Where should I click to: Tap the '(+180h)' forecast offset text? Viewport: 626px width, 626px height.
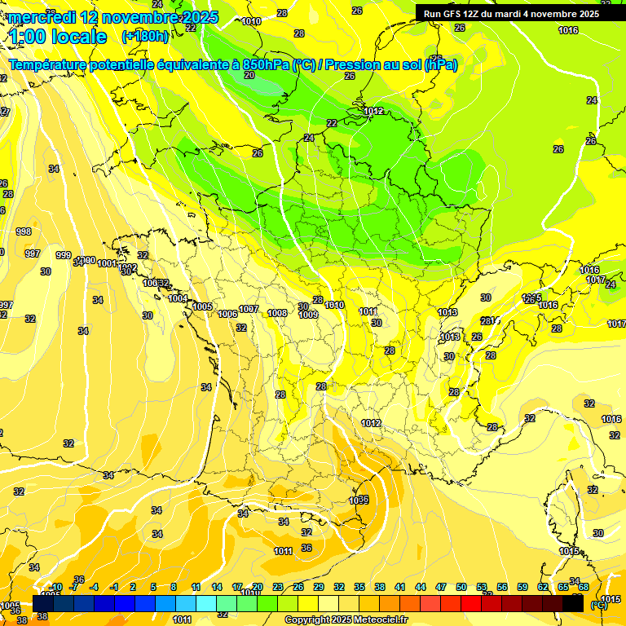[x=144, y=36]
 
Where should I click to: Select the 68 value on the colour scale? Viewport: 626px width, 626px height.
[x=584, y=587]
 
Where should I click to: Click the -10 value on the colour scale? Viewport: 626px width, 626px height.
[x=55, y=587]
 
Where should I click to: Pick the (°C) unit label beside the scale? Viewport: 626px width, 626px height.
[x=598, y=605]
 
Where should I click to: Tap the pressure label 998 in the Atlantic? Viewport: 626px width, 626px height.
[x=23, y=231]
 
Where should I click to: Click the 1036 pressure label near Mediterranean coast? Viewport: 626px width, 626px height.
[x=359, y=500]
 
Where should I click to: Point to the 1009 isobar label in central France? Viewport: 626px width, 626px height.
[x=308, y=315]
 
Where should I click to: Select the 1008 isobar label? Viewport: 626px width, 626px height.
[x=277, y=313]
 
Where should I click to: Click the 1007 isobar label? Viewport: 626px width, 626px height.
[x=249, y=309]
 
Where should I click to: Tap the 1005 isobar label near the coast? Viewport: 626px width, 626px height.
[x=203, y=306]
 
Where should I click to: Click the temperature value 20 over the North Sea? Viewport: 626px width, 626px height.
[x=249, y=75]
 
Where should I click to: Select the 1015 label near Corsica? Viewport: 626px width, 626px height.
[x=569, y=552]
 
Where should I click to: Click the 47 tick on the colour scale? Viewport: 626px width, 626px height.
[x=441, y=587]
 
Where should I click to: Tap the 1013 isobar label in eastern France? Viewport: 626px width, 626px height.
[x=447, y=312]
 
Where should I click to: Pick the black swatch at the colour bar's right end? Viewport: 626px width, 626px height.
[x=573, y=604]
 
